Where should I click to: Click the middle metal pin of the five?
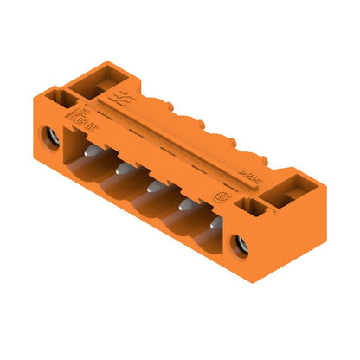click(153, 186)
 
